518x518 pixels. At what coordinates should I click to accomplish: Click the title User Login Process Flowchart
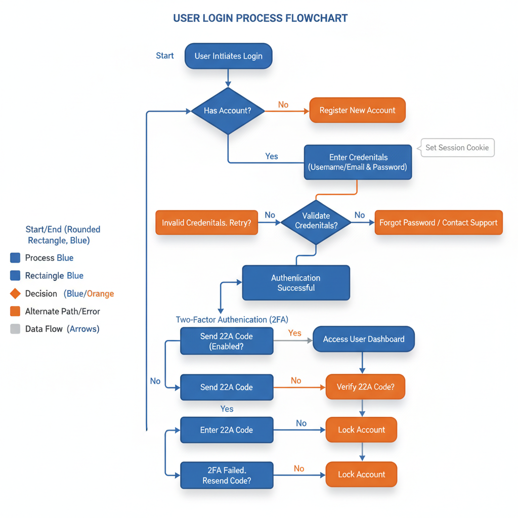click(x=260, y=18)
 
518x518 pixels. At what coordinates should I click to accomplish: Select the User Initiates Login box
click(x=228, y=56)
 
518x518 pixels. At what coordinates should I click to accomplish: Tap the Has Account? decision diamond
click(x=228, y=110)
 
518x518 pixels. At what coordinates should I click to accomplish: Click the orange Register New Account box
click(x=357, y=110)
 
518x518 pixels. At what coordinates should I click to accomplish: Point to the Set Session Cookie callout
click(x=457, y=148)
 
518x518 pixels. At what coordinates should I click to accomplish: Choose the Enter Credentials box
click(x=358, y=162)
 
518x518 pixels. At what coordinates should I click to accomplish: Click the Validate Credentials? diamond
click(x=316, y=221)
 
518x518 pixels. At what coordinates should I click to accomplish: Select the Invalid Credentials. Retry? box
click(x=206, y=223)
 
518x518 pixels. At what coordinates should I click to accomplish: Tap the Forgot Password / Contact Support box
click(x=438, y=223)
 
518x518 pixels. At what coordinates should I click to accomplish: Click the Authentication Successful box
click(x=296, y=283)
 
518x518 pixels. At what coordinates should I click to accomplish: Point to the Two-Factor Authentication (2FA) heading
click(x=232, y=320)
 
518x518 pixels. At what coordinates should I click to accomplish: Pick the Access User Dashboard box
click(x=363, y=339)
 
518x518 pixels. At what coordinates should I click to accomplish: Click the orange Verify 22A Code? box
click(x=365, y=387)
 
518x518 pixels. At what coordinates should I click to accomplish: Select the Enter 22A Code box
click(x=226, y=430)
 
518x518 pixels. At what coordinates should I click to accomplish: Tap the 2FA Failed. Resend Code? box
click(x=226, y=475)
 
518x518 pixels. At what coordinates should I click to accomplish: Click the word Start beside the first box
click(x=165, y=56)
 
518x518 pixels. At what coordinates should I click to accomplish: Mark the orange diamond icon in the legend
click(x=15, y=293)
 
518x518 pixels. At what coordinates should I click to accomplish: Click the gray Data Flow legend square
click(x=15, y=329)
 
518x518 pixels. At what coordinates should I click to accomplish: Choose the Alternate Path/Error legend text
click(x=62, y=312)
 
